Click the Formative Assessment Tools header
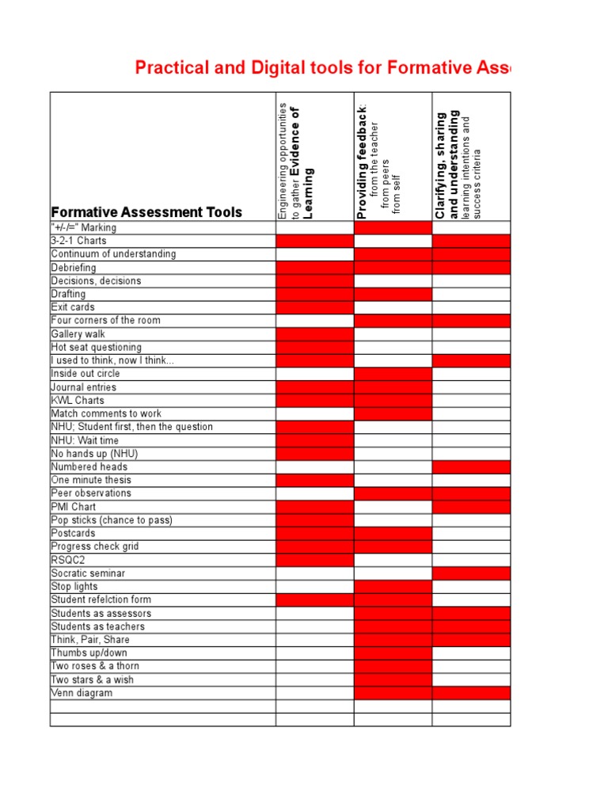point(146,211)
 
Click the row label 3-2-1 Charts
point(78,241)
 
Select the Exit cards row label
point(73,307)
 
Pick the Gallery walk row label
point(78,334)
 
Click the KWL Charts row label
point(78,401)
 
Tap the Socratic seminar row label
point(88,573)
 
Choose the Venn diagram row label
point(82,693)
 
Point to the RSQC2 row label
point(69,560)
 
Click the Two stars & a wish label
point(92,680)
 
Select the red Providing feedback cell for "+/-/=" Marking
point(393,227)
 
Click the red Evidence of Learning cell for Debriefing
point(314,268)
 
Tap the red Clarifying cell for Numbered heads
point(471,467)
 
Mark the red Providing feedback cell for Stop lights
point(393,587)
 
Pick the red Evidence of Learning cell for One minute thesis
point(314,480)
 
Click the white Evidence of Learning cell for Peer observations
point(314,493)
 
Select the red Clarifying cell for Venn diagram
point(471,693)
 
